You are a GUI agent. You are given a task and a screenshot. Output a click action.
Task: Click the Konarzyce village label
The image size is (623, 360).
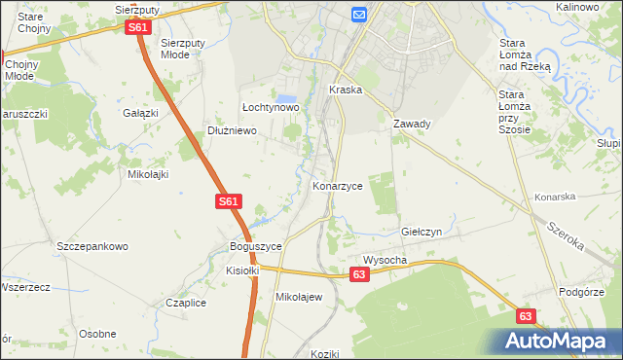[x=337, y=185]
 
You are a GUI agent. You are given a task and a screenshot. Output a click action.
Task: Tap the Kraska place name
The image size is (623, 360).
[x=346, y=90]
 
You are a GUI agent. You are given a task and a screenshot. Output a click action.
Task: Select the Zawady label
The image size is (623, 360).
[x=412, y=125]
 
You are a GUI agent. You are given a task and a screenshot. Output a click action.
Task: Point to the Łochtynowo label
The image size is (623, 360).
[x=270, y=107]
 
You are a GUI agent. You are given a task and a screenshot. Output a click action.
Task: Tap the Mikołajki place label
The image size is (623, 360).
[x=149, y=175]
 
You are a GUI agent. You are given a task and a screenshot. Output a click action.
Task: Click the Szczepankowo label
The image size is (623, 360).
[x=92, y=246]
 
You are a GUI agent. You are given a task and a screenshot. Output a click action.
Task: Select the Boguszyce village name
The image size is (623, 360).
[x=255, y=247]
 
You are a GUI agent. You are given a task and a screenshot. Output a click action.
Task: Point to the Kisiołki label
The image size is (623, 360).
[x=243, y=270]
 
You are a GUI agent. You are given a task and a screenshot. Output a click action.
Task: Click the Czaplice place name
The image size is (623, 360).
[x=186, y=303]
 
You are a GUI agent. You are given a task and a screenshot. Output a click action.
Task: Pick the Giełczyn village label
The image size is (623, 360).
[x=422, y=233]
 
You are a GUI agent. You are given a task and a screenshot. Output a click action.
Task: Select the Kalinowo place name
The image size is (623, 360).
[x=576, y=7]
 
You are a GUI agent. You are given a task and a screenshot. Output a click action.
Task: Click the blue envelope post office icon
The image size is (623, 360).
[x=358, y=14]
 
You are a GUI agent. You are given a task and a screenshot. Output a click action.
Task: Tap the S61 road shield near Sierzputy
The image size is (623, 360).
[x=138, y=28]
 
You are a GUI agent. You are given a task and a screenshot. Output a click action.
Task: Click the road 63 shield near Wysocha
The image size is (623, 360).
[x=360, y=276]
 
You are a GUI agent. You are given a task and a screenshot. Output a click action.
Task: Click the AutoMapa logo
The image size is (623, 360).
[x=559, y=341]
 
